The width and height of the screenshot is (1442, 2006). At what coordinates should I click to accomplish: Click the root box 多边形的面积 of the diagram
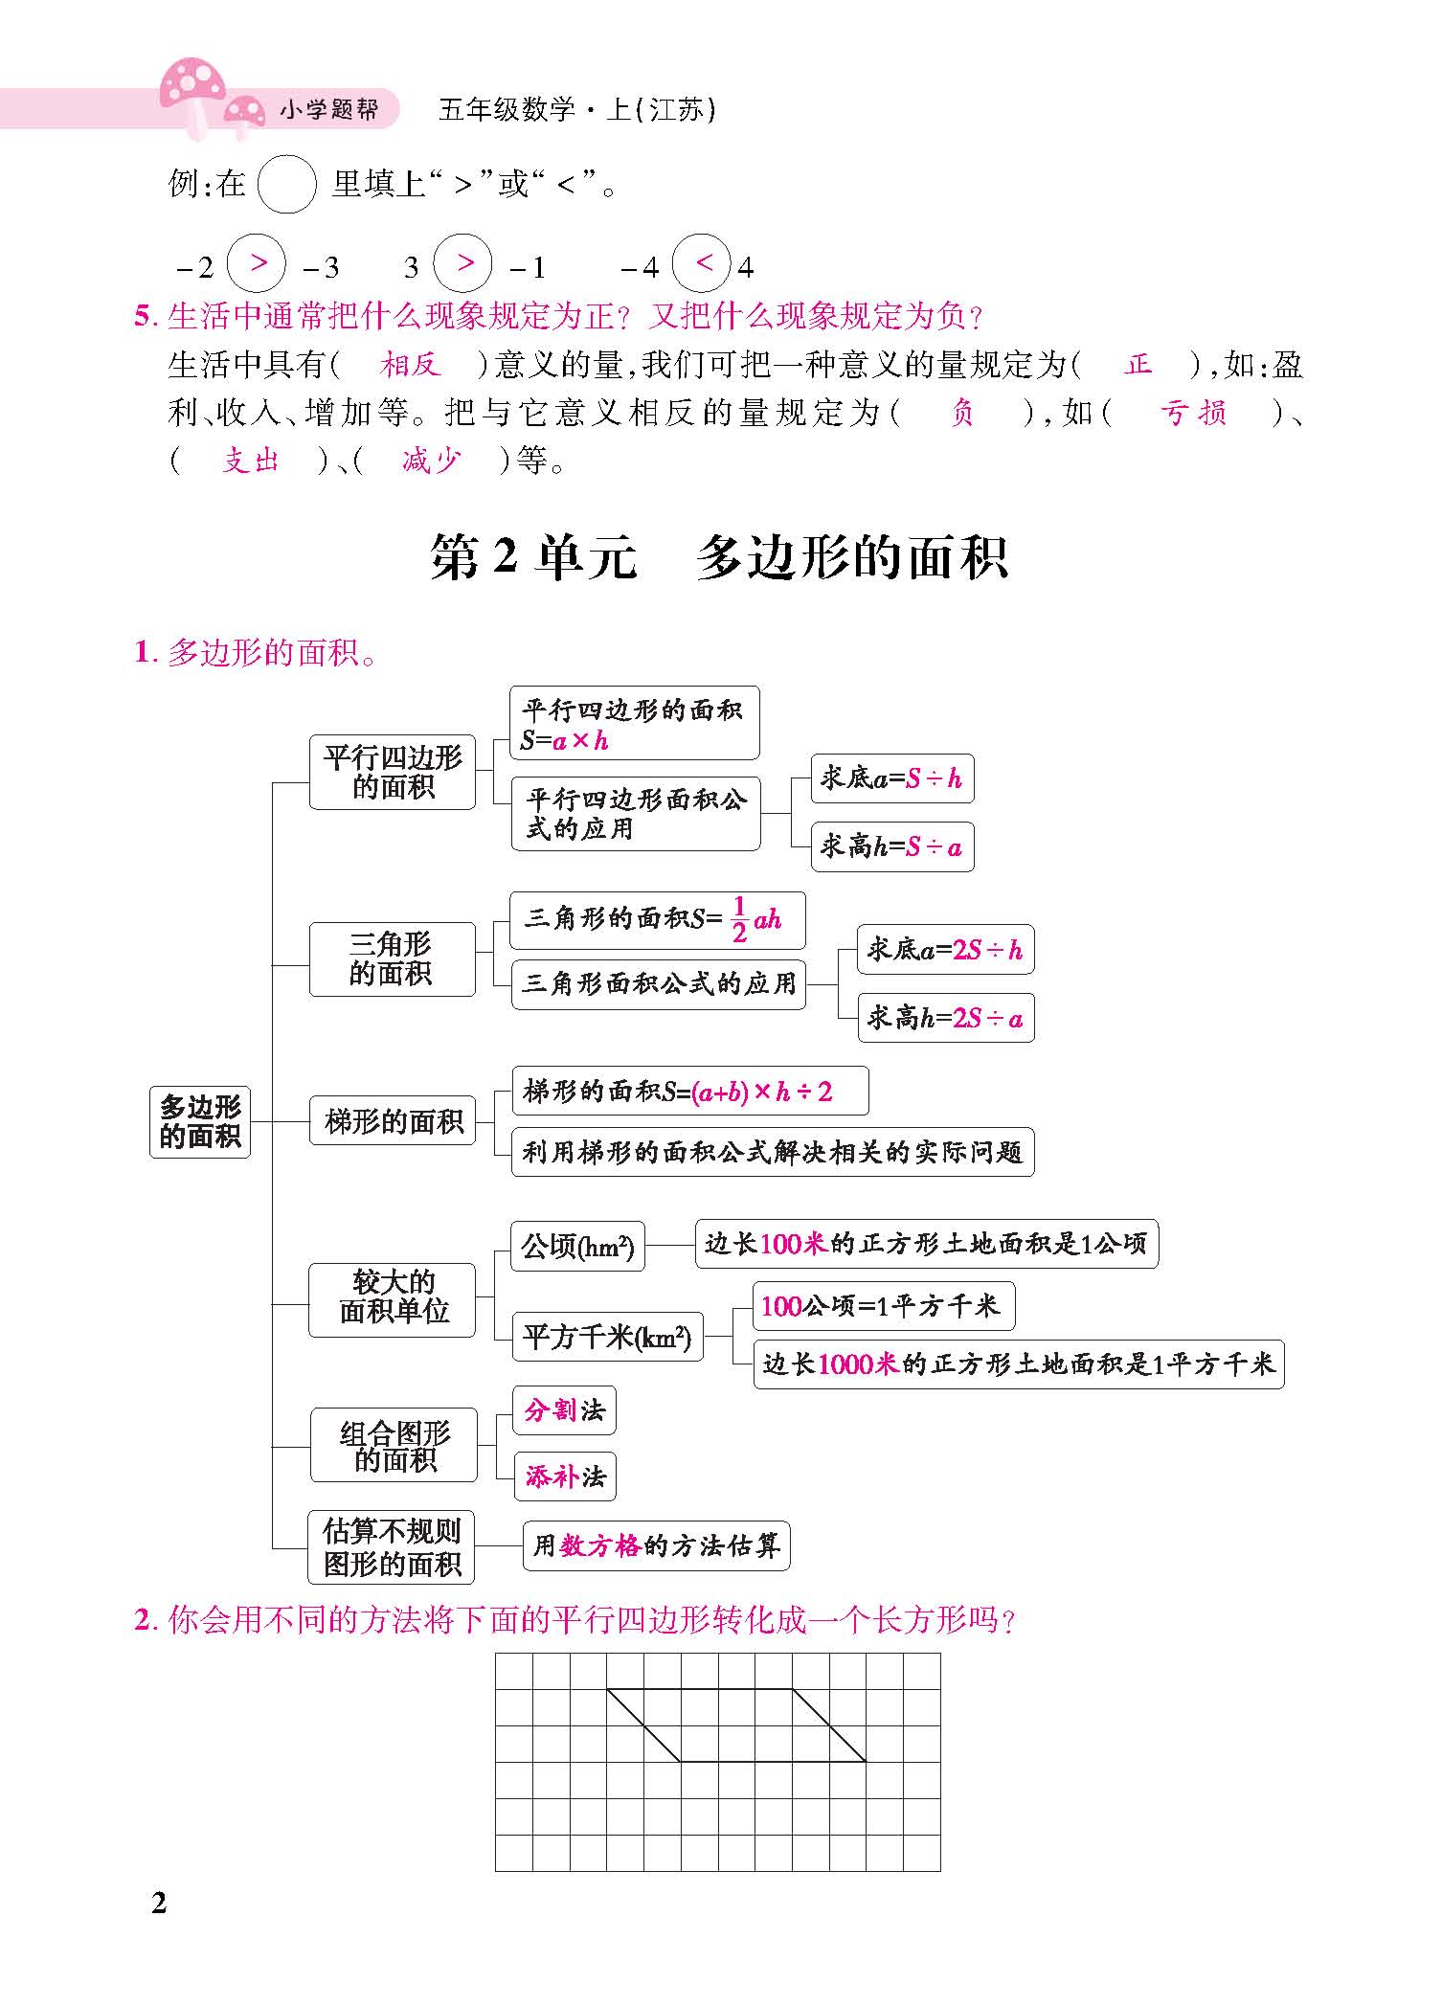pos(199,1121)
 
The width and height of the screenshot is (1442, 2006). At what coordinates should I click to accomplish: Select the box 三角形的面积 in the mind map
pos(392,958)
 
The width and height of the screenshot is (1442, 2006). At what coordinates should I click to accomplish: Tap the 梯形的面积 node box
pos(393,1120)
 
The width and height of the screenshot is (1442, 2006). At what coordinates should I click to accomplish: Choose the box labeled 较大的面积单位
pos(393,1298)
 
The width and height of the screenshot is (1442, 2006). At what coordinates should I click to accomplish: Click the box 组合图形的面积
pos(394,1446)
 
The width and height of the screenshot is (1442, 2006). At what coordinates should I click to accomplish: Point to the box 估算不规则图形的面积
pos(392,1547)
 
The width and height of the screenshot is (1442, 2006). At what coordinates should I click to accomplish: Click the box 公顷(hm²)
pos(577,1246)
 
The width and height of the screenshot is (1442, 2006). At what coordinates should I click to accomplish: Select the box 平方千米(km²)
pos(607,1337)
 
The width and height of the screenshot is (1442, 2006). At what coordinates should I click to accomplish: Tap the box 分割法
pos(564,1410)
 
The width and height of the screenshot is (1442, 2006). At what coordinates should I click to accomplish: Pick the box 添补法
pos(565,1476)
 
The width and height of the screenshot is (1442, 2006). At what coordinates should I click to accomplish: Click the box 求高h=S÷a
pos(891,846)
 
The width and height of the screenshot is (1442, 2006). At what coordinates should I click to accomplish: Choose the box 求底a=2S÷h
pos(945,949)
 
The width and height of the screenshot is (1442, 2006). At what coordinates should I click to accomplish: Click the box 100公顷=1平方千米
pos(882,1306)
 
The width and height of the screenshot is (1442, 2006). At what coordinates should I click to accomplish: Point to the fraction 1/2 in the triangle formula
pos(739,919)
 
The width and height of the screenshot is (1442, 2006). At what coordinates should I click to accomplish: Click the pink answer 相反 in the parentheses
pos(409,365)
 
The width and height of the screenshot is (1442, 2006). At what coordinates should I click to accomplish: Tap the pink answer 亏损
pos(1193,413)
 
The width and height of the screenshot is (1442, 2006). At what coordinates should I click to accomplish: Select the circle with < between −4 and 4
pos(702,263)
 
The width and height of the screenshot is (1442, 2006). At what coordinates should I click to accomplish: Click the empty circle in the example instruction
pos(287,184)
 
